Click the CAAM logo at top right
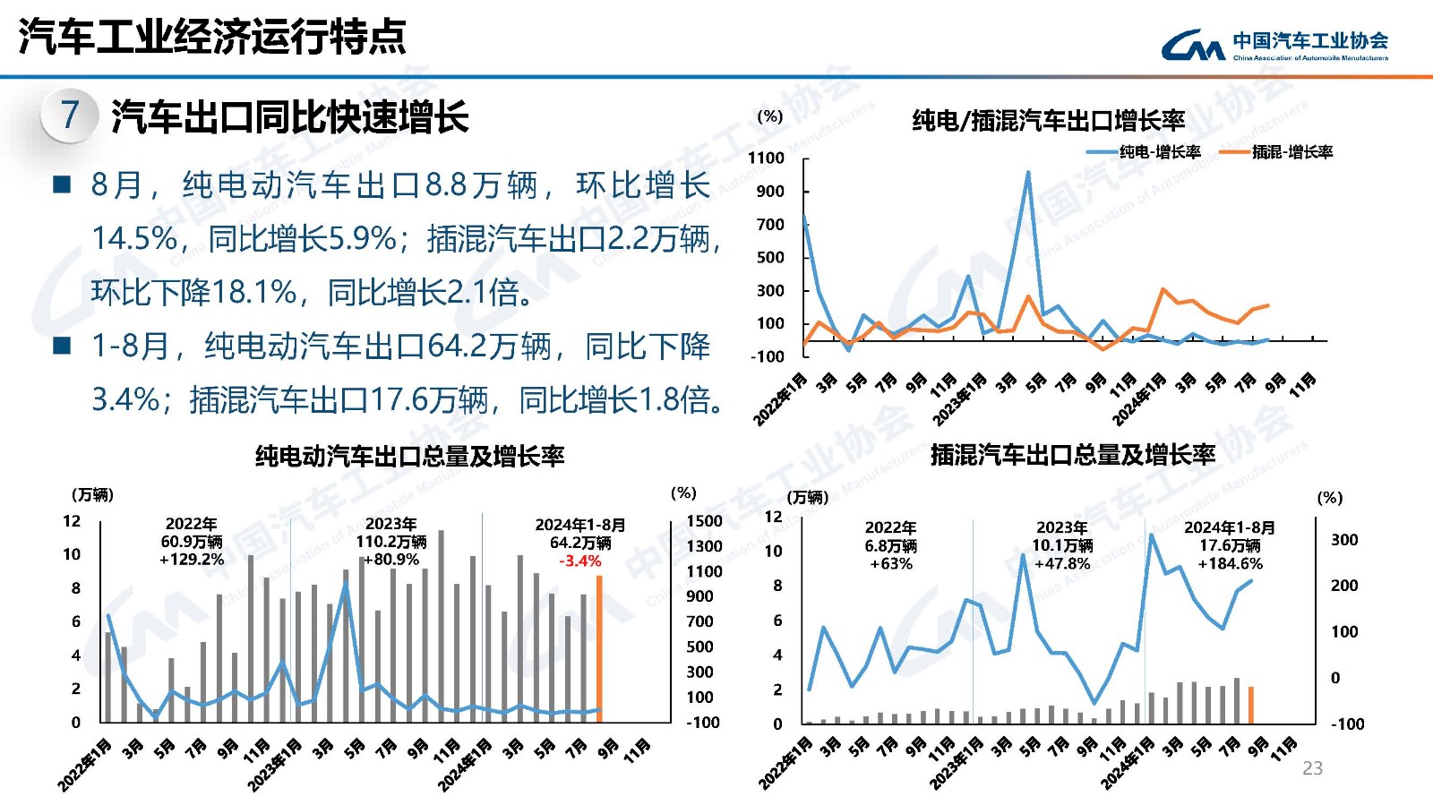[1274, 45]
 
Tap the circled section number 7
[70, 115]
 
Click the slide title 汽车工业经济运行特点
[212, 37]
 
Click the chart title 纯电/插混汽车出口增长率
[1048, 120]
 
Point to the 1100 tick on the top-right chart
[766, 158]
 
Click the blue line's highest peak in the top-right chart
[1028, 172]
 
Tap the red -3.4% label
[580, 561]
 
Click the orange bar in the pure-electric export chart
[599, 649]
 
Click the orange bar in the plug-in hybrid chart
[1251, 705]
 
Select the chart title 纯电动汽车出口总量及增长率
[409, 457]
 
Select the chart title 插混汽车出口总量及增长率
[1072, 455]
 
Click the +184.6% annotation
[1230, 564]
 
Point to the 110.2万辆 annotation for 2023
[391, 542]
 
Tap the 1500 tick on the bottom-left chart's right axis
[704, 521]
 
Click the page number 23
[1312, 768]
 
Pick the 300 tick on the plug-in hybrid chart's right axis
[1343, 540]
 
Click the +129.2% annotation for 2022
[192, 560]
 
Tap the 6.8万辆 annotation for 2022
[890, 546]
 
